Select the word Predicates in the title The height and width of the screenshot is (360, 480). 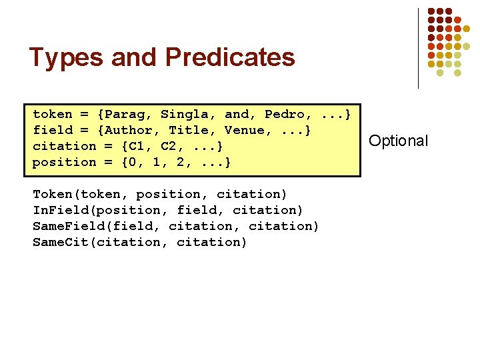pos(230,58)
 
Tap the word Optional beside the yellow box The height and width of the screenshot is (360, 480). pos(399,141)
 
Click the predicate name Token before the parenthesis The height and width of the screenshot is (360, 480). pos(53,195)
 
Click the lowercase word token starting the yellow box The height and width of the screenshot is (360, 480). pos(53,115)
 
